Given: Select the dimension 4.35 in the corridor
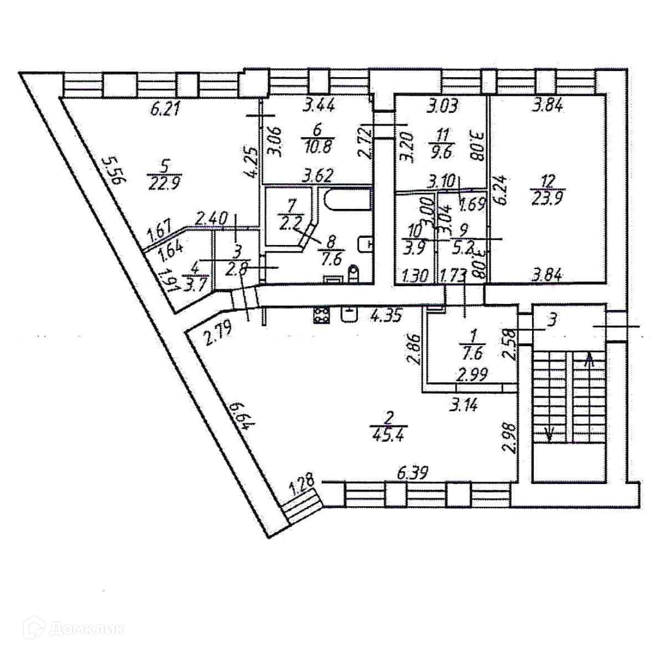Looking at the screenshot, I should (386, 316).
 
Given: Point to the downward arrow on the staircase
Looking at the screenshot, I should (550, 434).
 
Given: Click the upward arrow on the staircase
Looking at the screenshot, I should (590, 358).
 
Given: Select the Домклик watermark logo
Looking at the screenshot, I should (74, 629).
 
